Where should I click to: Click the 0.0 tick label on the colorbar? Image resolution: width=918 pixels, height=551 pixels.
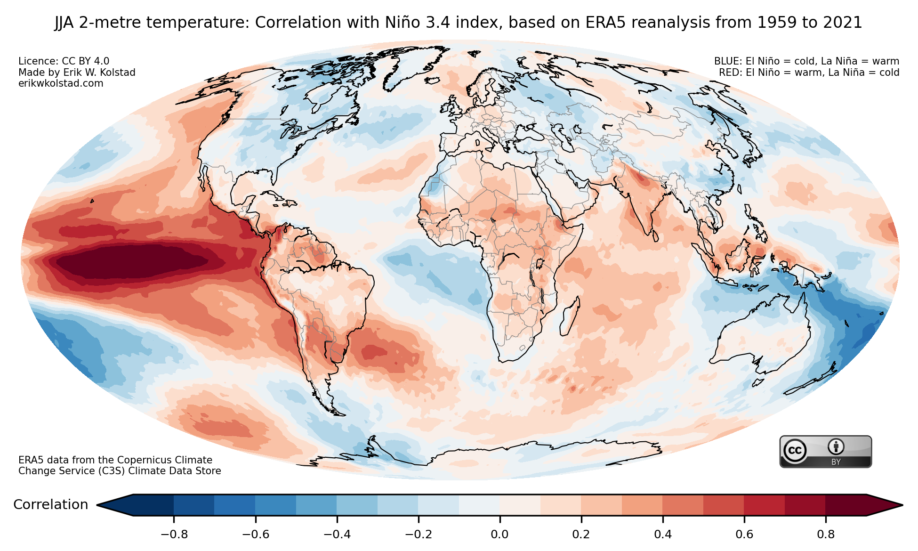pyautogui.click(x=499, y=535)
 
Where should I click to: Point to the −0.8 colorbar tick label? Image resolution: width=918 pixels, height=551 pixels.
pyautogui.click(x=174, y=535)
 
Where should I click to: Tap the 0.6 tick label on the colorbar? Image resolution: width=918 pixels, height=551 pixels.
pyautogui.click(x=744, y=535)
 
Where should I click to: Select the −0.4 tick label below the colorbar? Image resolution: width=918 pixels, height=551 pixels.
pyautogui.click(x=337, y=535)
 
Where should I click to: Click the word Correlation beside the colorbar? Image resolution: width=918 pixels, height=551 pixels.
pyautogui.click(x=51, y=505)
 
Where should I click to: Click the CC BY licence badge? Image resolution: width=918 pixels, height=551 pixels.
pyautogui.click(x=825, y=452)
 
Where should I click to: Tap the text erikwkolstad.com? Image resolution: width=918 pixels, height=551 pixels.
pyautogui.click(x=61, y=83)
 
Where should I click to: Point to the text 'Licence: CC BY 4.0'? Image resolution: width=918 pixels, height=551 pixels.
pyautogui.click(x=64, y=61)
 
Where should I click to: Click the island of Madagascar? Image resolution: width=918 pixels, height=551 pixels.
pyautogui.click(x=570, y=316)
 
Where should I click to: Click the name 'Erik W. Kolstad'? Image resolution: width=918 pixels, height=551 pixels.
pyautogui.click(x=98, y=73)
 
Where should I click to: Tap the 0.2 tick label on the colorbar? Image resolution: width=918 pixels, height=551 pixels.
pyautogui.click(x=581, y=535)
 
